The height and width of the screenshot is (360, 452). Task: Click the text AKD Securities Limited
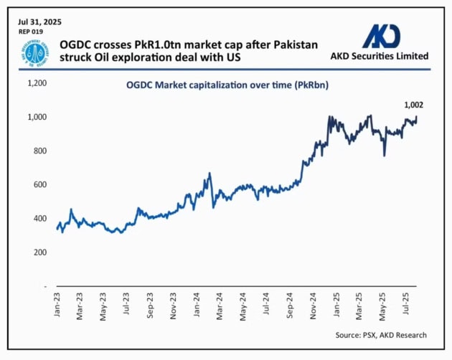380,55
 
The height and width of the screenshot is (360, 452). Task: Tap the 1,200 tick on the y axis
36,83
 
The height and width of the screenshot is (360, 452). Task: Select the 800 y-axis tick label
39,151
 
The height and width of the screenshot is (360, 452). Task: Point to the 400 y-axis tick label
39,219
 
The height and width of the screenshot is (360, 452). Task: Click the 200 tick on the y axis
39,252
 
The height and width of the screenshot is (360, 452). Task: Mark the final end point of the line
416,117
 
